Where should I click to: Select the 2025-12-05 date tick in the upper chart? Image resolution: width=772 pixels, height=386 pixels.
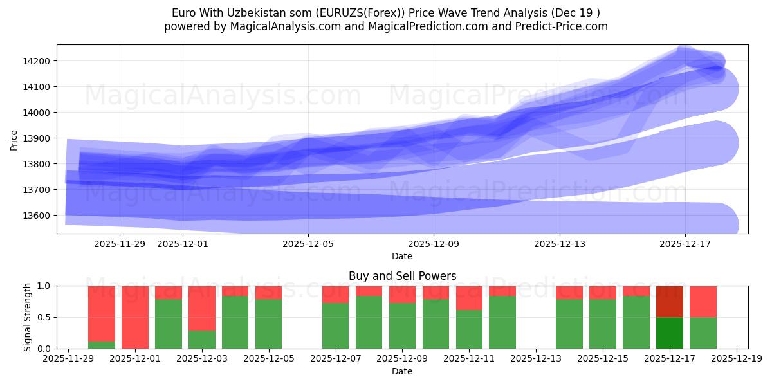(x=308, y=244)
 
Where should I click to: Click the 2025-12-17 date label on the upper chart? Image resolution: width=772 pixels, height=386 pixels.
(x=685, y=244)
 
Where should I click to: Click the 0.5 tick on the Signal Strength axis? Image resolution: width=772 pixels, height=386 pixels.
(x=46, y=317)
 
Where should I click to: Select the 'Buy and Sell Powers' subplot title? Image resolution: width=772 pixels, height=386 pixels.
(x=402, y=276)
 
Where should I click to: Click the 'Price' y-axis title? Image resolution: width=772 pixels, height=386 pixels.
(x=14, y=140)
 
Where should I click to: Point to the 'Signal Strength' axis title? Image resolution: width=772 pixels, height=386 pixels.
(x=27, y=317)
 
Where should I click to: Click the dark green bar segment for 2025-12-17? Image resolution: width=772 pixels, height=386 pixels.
(x=669, y=333)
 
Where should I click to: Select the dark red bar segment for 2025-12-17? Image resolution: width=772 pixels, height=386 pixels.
(x=669, y=301)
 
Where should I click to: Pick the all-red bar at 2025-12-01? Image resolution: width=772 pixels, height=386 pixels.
(x=135, y=317)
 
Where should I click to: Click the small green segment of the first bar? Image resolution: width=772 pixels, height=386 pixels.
(x=102, y=345)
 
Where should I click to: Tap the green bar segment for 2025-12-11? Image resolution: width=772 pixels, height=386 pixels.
(x=469, y=329)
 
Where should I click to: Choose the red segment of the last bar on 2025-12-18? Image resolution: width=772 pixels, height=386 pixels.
(x=703, y=301)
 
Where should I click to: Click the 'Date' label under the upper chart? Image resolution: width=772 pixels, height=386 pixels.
(x=402, y=256)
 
